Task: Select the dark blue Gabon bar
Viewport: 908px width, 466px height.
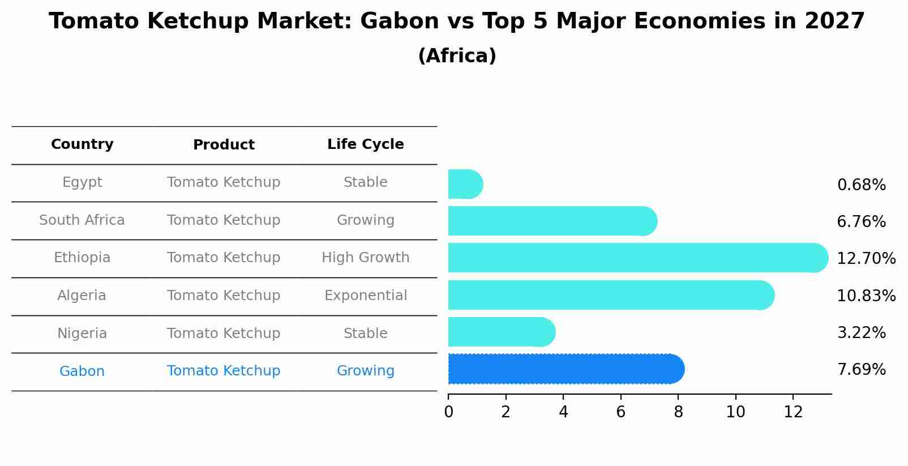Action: (x=566, y=369)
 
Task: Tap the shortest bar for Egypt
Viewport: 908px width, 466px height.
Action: (x=465, y=185)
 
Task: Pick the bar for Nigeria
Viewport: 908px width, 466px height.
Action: (x=501, y=332)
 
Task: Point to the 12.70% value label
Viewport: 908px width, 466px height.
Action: (x=866, y=259)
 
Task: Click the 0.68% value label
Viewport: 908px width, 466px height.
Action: (x=861, y=185)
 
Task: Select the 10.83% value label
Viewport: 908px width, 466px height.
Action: (x=866, y=296)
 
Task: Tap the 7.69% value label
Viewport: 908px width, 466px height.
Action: (x=861, y=370)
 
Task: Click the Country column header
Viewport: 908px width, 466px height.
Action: (x=82, y=144)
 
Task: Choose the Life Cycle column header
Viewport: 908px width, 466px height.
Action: (x=365, y=144)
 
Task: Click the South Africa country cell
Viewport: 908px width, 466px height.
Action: (x=82, y=220)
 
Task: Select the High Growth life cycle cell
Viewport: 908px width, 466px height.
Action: (x=365, y=258)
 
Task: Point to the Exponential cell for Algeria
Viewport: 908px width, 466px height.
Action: (x=365, y=296)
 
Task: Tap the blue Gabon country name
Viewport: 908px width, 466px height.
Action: (x=82, y=371)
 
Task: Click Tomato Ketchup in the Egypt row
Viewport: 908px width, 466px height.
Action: (x=224, y=182)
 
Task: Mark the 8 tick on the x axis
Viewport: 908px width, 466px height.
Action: (x=678, y=412)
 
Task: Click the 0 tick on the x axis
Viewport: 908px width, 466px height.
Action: (x=448, y=412)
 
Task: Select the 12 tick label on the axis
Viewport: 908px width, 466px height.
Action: (x=793, y=412)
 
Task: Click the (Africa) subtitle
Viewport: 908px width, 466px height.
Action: (x=457, y=56)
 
